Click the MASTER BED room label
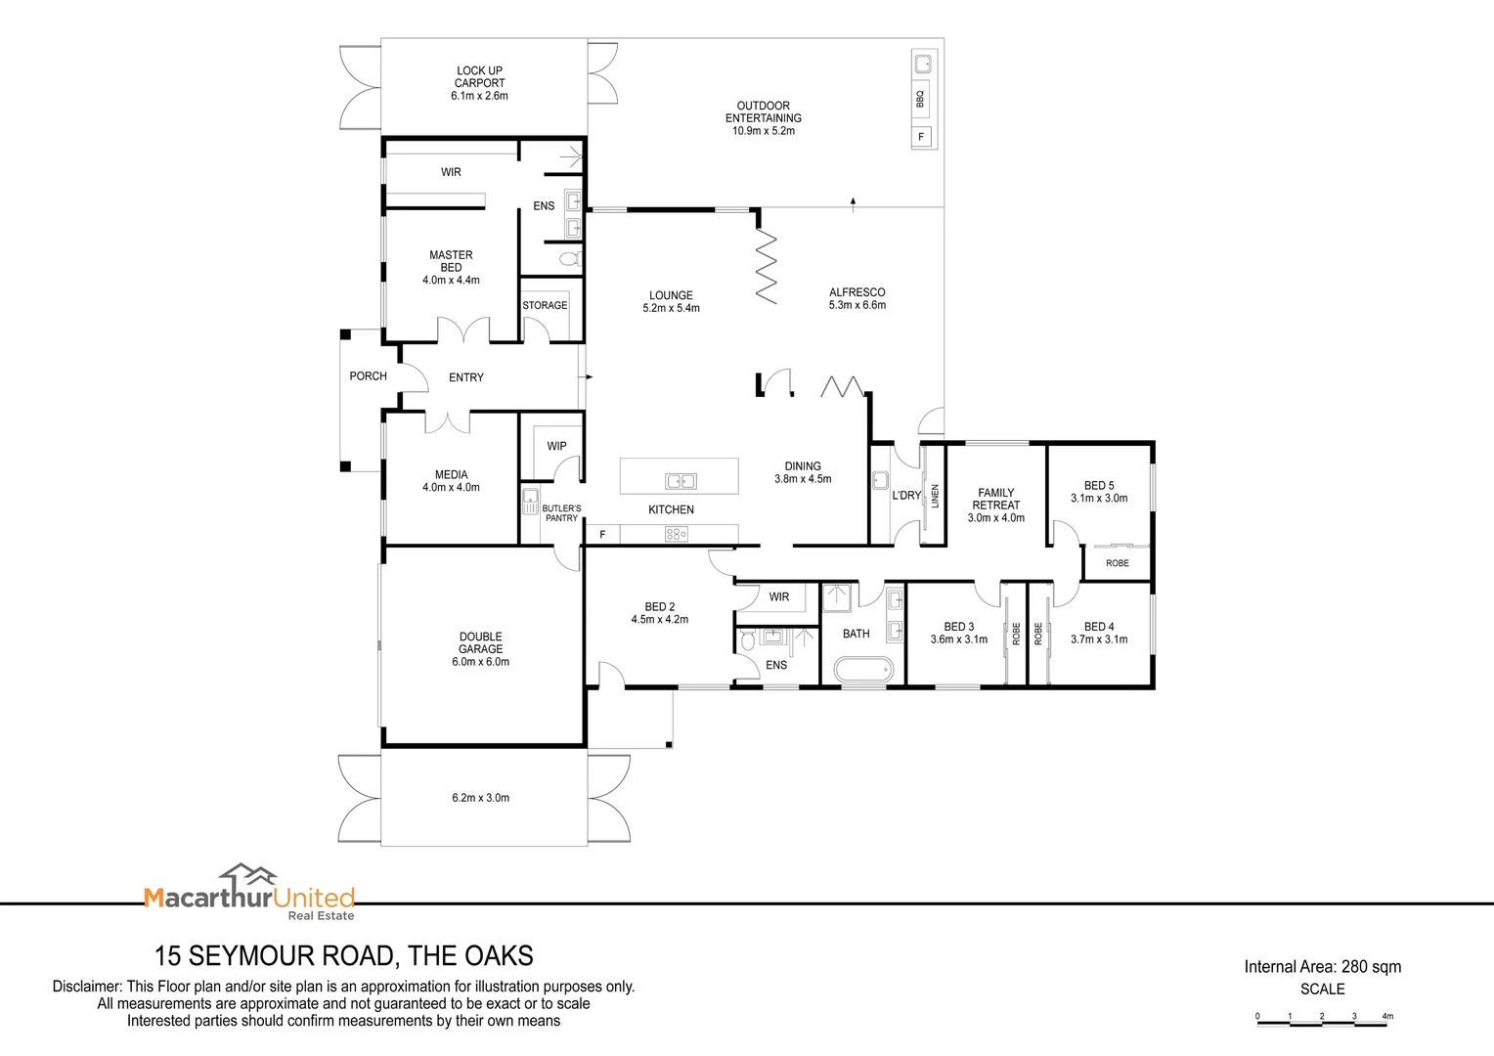(451, 261)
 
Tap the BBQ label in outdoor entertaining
(920, 99)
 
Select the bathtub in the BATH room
(863, 669)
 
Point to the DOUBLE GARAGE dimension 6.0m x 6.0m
(480, 662)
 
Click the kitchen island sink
(681, 481)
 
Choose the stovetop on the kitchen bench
(676, 534)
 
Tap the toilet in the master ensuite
(570, 259)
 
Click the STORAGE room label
(545, 305)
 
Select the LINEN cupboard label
(935, 497)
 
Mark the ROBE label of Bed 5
(1118, 563)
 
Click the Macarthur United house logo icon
(248, 874)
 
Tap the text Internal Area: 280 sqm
(1323, 967)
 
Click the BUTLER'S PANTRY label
(561, 513)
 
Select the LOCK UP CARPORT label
(479, 76)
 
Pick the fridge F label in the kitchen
(602, 534)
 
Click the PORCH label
(369, 376)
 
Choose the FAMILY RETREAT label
(995, 499)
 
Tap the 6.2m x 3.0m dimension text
(480, 798)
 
